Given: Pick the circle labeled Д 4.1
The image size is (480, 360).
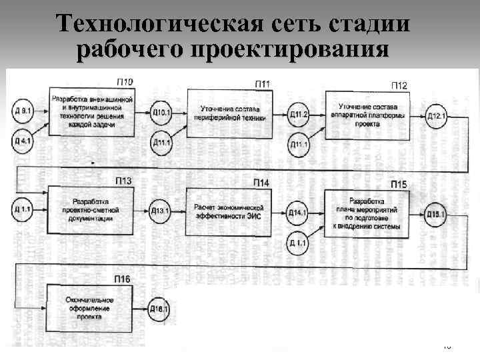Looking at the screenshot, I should (23, 141).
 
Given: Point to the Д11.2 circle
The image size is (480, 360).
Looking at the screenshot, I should (299, 114).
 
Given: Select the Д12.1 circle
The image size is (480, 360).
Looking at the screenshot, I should (436, 115).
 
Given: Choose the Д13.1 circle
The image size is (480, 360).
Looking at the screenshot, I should (161, 211).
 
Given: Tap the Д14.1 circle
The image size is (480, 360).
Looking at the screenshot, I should (298, 213).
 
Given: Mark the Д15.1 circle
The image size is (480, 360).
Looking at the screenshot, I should (435, 213).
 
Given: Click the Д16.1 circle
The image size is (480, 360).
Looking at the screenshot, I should (159, 309).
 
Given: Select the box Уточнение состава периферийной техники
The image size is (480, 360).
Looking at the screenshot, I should (229, 112).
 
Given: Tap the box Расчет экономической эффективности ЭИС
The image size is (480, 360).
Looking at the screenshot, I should (229, 211).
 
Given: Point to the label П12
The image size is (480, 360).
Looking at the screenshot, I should (399, 85).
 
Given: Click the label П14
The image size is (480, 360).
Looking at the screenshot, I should (261, 183).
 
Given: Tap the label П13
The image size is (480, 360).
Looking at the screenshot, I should (123, 181).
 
